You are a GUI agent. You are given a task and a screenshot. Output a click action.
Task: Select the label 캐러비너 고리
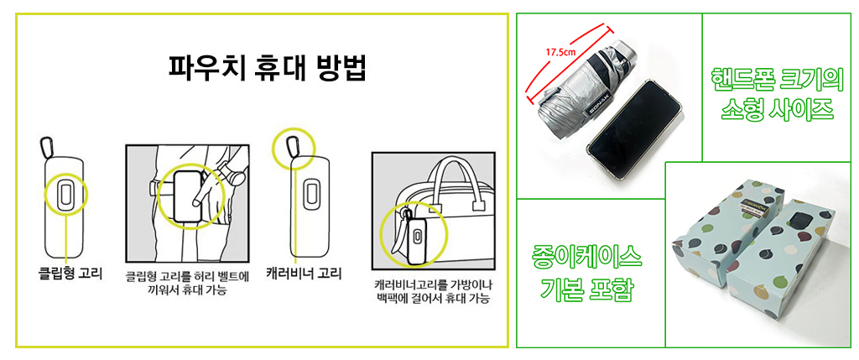tap(304, 273)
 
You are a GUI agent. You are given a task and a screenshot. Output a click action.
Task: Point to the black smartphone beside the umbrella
tap(635, 133)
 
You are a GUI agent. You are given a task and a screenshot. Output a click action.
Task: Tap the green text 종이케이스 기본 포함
tap(586, 273)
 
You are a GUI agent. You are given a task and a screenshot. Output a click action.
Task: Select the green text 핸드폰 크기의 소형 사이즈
tap(775, 95)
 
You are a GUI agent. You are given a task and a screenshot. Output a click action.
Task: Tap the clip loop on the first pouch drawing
tap(65, 194)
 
